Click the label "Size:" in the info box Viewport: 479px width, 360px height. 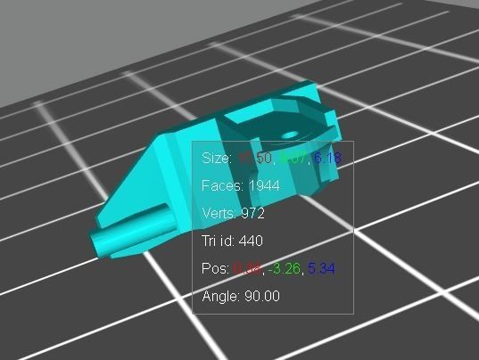[217, 158]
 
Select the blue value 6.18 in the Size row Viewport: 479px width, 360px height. [326, 158]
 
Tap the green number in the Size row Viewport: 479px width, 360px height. [292, 158]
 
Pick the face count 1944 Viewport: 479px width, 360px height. [265, 185]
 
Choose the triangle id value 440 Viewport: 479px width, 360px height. [252, 241]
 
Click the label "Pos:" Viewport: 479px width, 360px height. [216, 268]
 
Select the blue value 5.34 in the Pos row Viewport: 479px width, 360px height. [322, 268]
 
